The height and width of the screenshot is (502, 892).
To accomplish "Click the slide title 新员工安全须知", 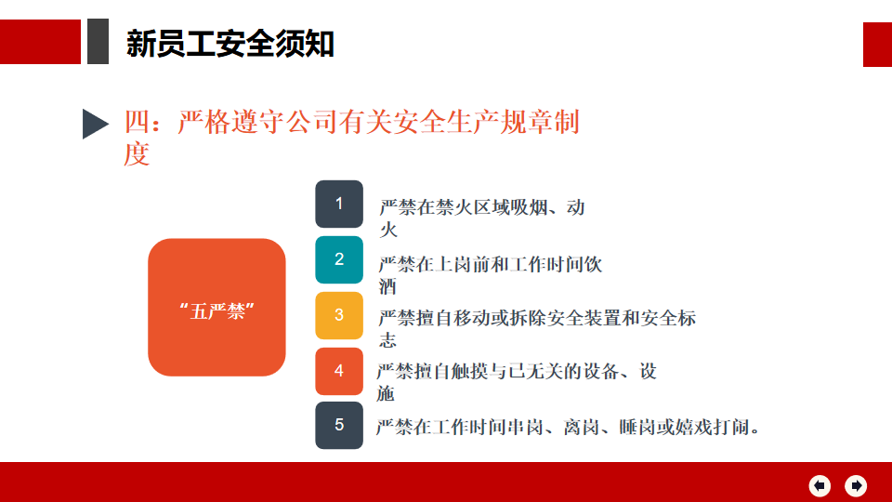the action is (230, 44).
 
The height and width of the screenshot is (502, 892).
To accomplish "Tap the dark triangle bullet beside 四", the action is (95, 124).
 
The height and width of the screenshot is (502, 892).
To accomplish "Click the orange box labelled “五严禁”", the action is (216, 308).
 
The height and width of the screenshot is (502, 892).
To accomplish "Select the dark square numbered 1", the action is (339, 204).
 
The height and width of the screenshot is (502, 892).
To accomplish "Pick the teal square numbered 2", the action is (339, 259).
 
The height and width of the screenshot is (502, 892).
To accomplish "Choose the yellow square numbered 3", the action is (339, 315).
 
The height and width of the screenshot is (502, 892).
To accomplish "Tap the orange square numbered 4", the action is (339, 371).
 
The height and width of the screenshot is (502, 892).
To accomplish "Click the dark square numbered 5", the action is (339, 425).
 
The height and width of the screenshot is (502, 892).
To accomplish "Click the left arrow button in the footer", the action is (820, 485).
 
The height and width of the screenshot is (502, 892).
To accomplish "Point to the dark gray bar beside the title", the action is (98, 41).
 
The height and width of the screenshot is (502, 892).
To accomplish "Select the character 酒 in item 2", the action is (387, 286).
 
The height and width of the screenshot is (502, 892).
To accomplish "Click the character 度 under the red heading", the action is (137, 154).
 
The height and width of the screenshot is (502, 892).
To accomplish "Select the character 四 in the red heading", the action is (138, 123).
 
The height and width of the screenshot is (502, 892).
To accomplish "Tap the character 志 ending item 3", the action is (387, 340).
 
